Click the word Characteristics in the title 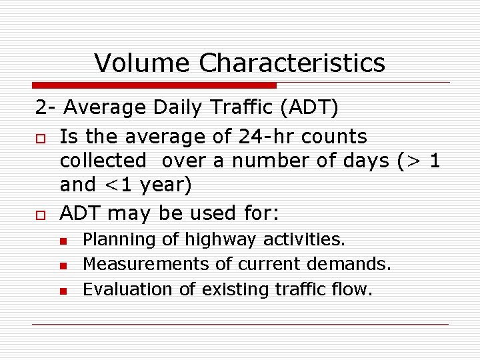pos(292,63)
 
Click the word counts pos(334,137)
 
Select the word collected pos(103,161)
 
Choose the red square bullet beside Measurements pos(63,265)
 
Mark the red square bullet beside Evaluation pos(63,291)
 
